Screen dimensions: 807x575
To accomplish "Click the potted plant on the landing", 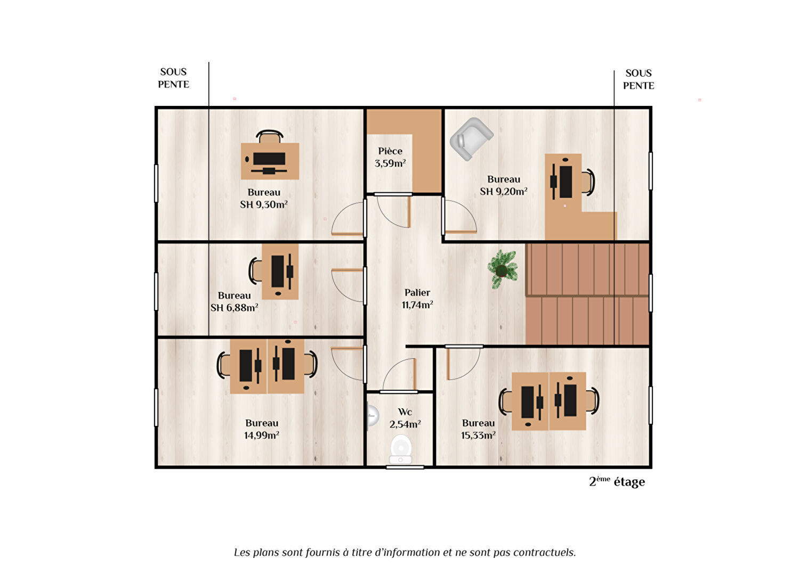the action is click(503, 269).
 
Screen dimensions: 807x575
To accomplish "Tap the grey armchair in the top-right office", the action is click(471, 139).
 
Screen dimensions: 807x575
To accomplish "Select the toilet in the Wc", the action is click(401, 450).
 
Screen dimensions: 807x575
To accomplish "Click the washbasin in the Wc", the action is click(372, 416).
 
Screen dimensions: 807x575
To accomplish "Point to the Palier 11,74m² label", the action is click(417, 299).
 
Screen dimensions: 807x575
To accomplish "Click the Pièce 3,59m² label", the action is click(390, 157).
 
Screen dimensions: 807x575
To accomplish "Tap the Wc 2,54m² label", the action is click(405, 418).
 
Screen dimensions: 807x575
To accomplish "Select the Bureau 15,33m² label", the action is click(478, 429).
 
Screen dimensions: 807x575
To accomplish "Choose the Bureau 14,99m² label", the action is click(262, 429).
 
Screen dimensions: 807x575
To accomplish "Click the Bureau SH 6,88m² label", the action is click(234, 301).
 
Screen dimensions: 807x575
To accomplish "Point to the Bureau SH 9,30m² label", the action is click(264, 198).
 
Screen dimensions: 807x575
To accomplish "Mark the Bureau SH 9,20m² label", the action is click(504, 185).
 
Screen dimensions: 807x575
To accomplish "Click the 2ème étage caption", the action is click(617, 481).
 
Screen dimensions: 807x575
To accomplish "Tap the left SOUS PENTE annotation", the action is click(173, 78).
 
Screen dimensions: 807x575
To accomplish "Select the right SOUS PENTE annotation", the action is click(639, 79).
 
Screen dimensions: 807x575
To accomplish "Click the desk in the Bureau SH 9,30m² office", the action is click(270, 161).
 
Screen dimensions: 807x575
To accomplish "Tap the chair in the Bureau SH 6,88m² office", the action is click(255, 271).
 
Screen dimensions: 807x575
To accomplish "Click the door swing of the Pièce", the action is click(393, 211).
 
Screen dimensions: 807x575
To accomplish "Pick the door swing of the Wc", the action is click(399, 375).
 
